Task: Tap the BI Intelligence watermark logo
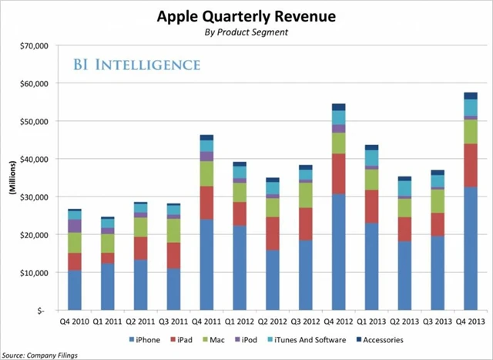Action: [136, 64]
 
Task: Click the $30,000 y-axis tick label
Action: [32, 197]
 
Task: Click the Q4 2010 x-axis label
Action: [75, 322]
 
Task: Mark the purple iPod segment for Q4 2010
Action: [75, 226]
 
